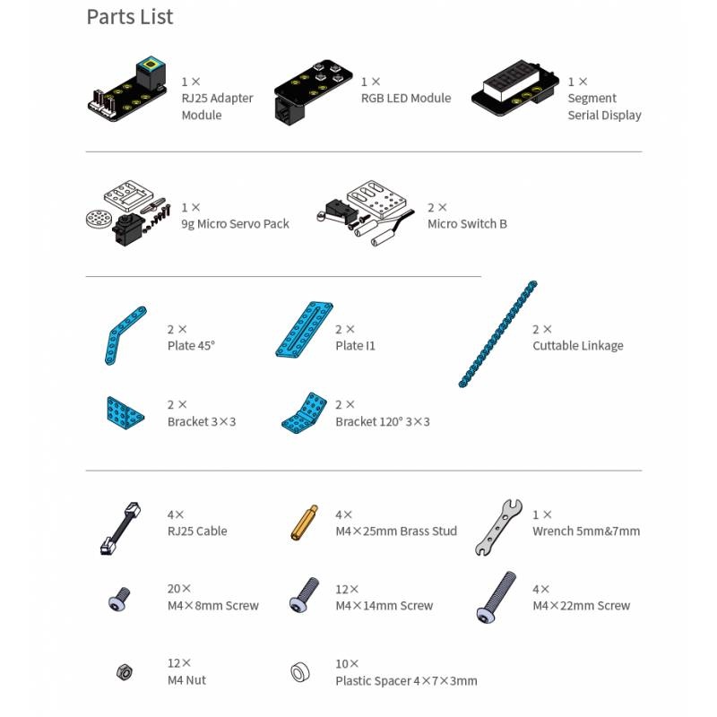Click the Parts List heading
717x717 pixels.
click(x=130, y=17)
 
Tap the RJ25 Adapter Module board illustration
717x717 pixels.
click(x=126, y=90)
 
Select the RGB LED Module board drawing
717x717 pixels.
click(x=313, y=91)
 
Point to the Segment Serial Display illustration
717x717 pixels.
click(x=515, y=88)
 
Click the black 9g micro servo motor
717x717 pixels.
click(x=129, y=229)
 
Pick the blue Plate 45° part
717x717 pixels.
click(x=125, y=335)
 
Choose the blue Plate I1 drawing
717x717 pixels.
click(x=304, y=329)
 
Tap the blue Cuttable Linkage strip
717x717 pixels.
click(x=498, y=333)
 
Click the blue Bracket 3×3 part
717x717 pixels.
click(x=125, y=413)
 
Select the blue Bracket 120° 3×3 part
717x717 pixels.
click(x=305, y=413)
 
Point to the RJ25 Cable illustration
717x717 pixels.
click(x=120, y=528)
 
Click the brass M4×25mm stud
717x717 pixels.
click(x=304, y=523)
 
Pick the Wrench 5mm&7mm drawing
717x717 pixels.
click(x=498, y=527)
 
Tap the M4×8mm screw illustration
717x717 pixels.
click(x=119, y=599)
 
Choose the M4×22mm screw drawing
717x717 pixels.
click(x=496, y=597)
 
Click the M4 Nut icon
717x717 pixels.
click(x=124, y=671)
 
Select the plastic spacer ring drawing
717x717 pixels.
click(x=300, y=672)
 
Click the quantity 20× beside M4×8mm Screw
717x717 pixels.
click(x=178, y=589)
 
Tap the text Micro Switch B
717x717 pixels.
click(x=467, y=223)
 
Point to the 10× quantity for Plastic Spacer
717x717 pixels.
click(x=347, y=663)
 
